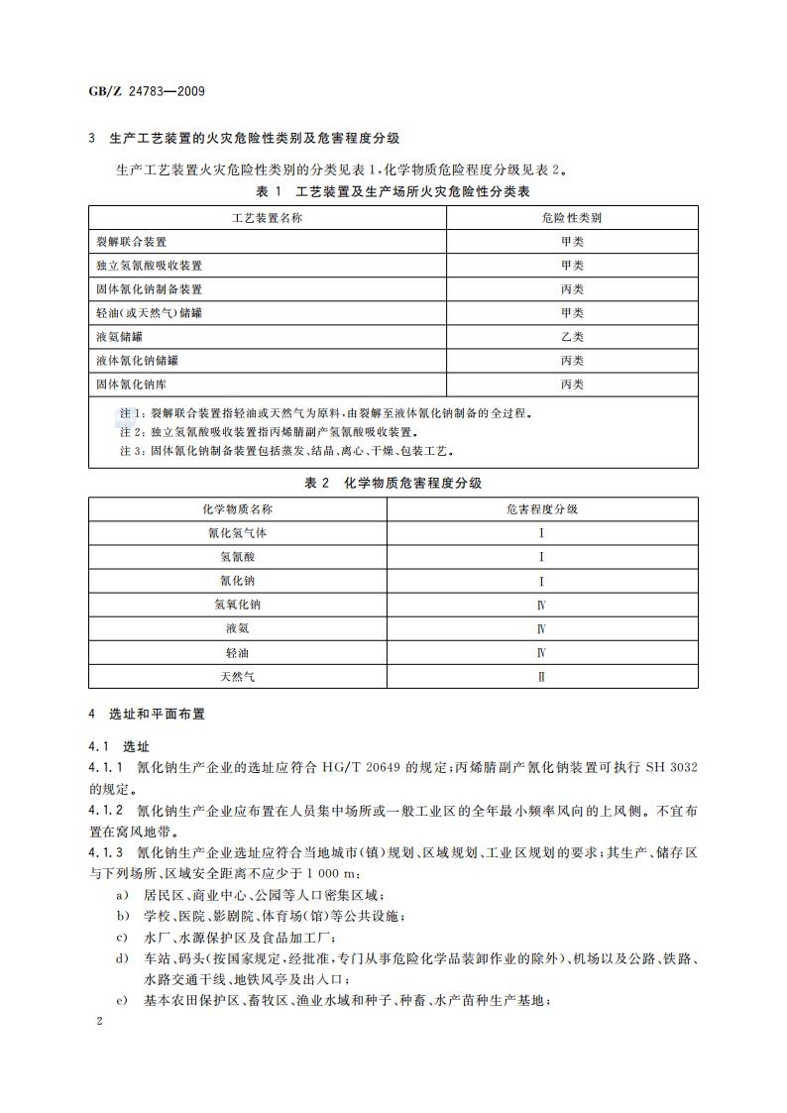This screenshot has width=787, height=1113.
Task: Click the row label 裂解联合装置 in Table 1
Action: (x=132, y=242)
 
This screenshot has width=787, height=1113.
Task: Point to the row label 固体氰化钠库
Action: (x=132, y=385)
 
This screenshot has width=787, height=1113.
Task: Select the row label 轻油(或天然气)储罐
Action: (x=150, y=313)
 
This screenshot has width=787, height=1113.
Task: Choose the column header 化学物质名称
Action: (x=238, y=508)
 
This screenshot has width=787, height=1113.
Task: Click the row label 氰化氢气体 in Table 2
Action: (x=238, y=533)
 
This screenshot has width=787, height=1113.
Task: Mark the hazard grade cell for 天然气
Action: (x=541, y=678)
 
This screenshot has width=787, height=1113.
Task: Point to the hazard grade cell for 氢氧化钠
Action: (x=541, y=605)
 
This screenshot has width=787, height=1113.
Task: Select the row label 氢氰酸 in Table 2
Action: (x=238, y=557)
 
